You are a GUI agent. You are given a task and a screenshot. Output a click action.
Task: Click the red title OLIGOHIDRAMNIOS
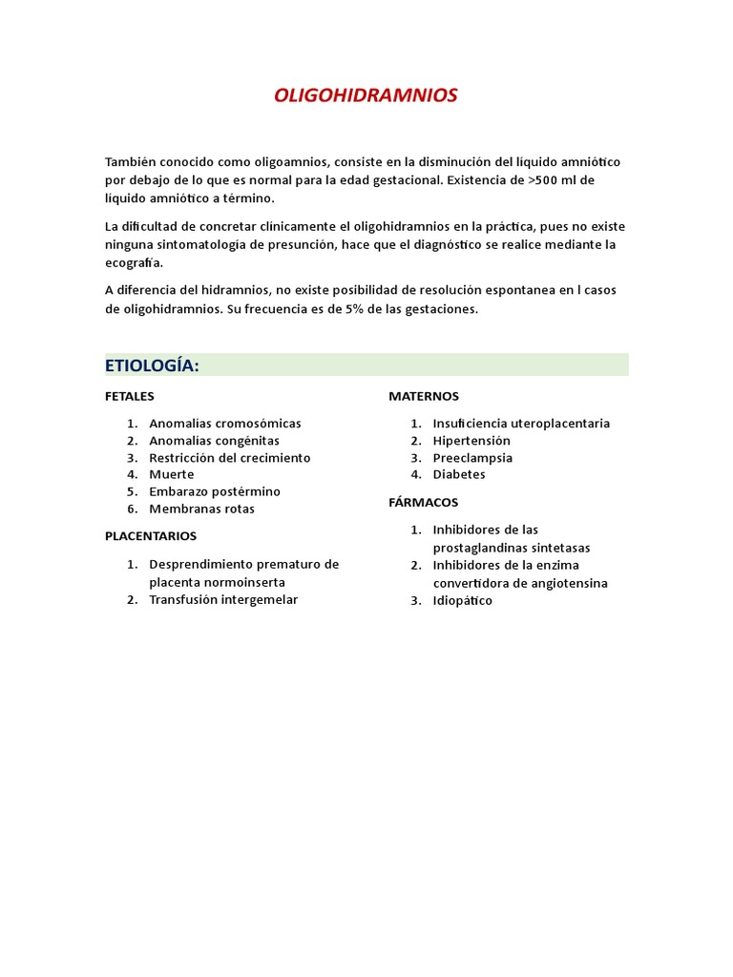click(366, 95)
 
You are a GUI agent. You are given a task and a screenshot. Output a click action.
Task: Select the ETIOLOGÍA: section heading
click(152, 365)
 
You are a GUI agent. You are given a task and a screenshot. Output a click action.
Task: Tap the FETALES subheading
click(130, 396)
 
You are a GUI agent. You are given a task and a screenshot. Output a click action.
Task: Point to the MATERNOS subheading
click(424, 396)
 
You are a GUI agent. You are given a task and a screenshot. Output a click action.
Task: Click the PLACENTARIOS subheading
click(151, 536)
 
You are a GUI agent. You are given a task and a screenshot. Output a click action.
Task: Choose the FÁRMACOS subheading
click(424, 502)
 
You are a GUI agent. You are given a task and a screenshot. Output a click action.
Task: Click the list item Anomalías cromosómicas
click(225, 424)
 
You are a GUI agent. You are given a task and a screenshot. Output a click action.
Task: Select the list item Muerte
click(172, 475)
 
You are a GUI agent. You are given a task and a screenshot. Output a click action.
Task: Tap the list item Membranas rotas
click(202, 509)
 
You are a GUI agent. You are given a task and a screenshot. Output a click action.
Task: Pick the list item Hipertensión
click(471, 441)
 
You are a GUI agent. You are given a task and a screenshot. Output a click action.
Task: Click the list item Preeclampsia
click(472, 458)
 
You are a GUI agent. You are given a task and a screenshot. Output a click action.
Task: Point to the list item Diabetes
click(459, 475)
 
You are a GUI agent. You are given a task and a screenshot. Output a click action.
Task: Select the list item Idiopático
click(463, 601)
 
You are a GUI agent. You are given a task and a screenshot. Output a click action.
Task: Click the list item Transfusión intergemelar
click(223, 600)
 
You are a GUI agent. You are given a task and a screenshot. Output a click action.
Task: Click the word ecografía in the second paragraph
click(135, 263)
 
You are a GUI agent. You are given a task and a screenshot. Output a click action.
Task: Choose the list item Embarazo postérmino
click(215, 492)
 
